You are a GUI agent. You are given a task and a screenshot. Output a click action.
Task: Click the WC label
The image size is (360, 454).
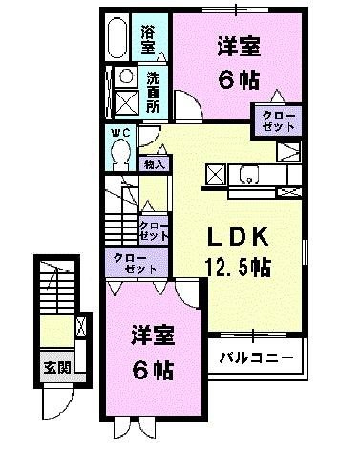118,132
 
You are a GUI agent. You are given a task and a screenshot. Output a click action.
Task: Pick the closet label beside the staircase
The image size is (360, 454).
155,230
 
